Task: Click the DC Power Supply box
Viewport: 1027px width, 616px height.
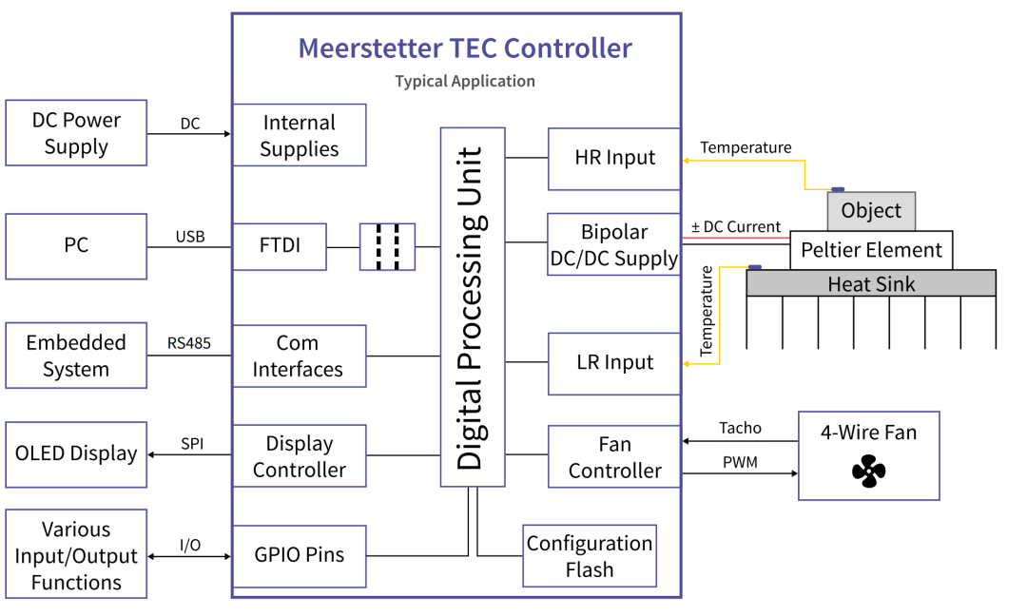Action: tap(76, 133)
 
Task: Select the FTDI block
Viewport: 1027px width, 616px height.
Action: tap(280, 247)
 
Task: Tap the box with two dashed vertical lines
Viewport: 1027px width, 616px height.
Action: tap(387, 247)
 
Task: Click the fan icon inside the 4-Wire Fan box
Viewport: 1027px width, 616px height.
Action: tap(868, 472)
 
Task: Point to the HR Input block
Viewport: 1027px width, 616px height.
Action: tap(614, 159)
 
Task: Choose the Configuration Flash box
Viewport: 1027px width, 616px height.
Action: tap(590, 556)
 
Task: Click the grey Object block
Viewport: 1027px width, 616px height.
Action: tap(871, 211)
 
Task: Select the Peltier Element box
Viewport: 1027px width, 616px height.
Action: tap(871, 250)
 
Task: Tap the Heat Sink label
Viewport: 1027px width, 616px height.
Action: tap(871, 284)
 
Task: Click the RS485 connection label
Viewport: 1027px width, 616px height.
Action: tap(188, 343)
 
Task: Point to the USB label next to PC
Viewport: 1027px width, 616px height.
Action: tap(190, 237)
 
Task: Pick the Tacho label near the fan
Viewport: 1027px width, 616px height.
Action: tap(740, 428)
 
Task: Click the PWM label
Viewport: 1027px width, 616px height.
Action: tap(740, 462)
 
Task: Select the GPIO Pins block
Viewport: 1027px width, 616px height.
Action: tap(300, 556)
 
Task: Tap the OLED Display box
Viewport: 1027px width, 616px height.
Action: tap(76, 454)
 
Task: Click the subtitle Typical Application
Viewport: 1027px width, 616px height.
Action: tap(465, 81)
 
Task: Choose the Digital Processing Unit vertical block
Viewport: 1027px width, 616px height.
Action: tap(473, 307)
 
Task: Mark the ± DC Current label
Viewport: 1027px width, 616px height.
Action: tap(735, 226)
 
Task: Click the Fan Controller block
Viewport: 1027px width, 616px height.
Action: tap(614, 456)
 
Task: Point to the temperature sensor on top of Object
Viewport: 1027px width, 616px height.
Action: tap(838, 190)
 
